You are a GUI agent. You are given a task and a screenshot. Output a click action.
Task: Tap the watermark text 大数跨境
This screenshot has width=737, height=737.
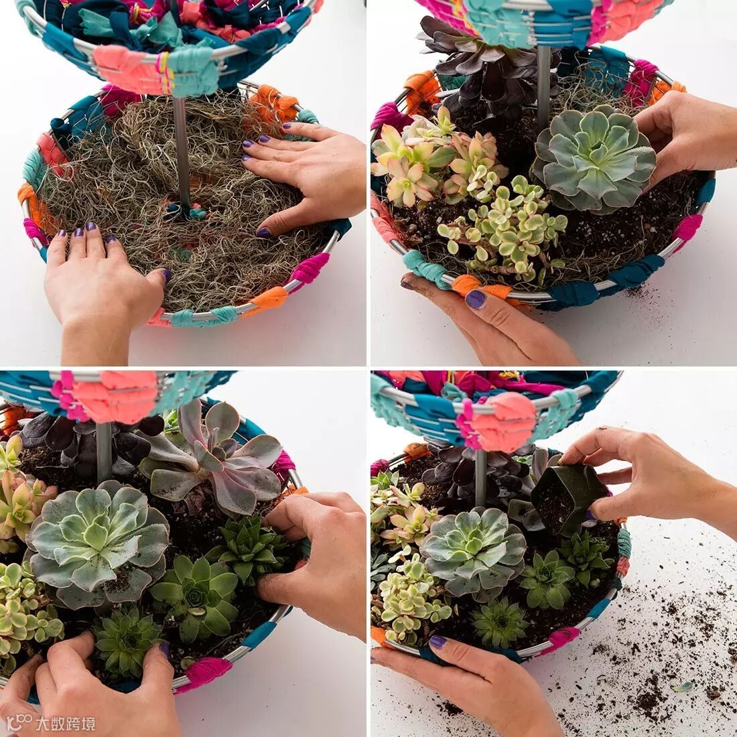[x=66, y=724]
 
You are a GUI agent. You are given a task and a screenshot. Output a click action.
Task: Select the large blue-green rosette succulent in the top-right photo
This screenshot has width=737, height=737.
[x=594, y=158]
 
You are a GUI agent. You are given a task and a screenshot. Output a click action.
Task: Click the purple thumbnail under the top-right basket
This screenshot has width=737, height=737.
[x=476, y=299]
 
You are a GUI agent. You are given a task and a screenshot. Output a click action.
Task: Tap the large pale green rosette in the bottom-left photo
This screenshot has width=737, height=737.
[x=97, y=541]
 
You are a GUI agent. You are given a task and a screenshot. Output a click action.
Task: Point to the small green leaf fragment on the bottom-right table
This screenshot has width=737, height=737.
[x=683, y=687]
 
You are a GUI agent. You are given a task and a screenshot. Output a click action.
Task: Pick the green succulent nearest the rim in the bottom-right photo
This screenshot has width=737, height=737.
[x=500, y=623]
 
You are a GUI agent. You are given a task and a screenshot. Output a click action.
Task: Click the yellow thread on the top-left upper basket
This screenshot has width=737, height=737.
[x=165, y=73]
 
